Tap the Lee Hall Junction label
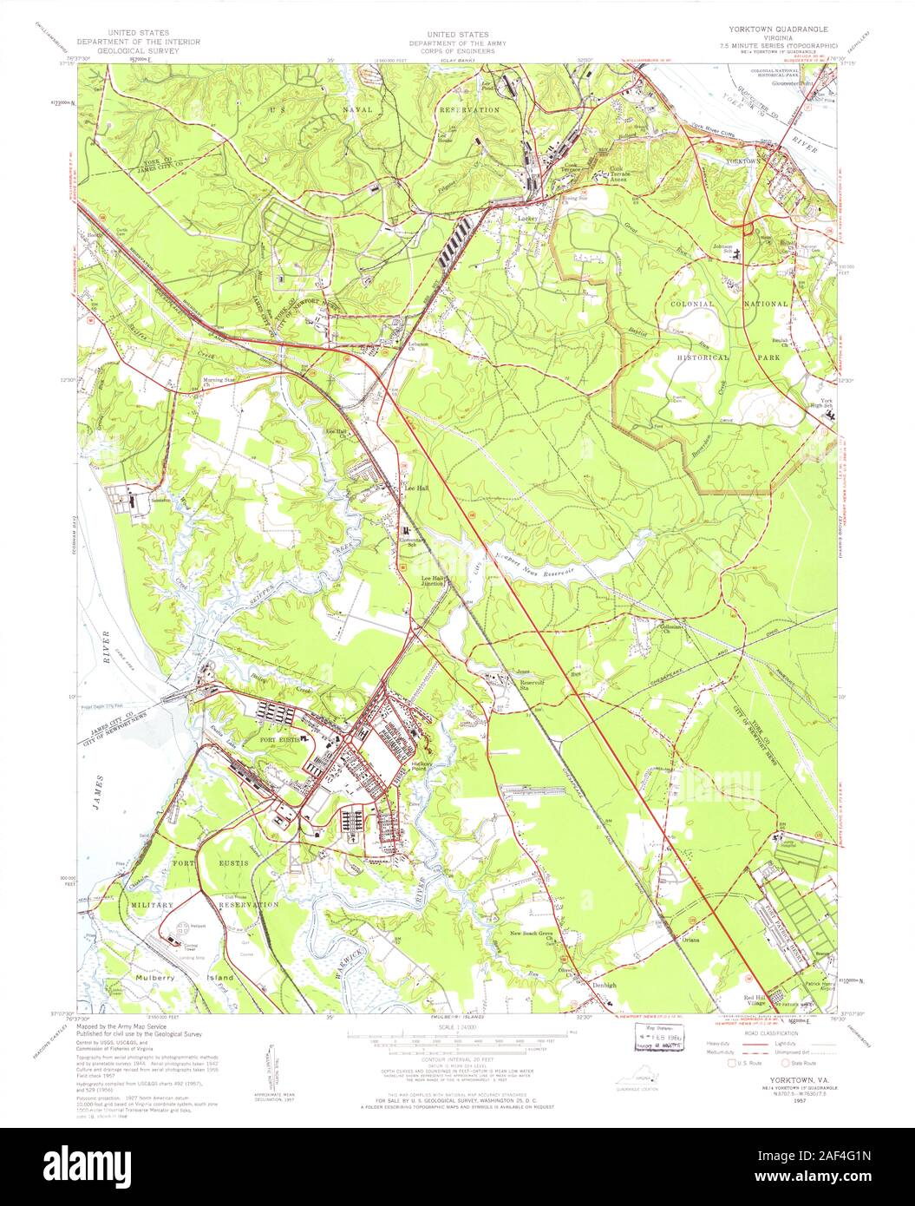click(x=433, y=580)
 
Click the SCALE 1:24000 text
click(x=457, y=1028)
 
